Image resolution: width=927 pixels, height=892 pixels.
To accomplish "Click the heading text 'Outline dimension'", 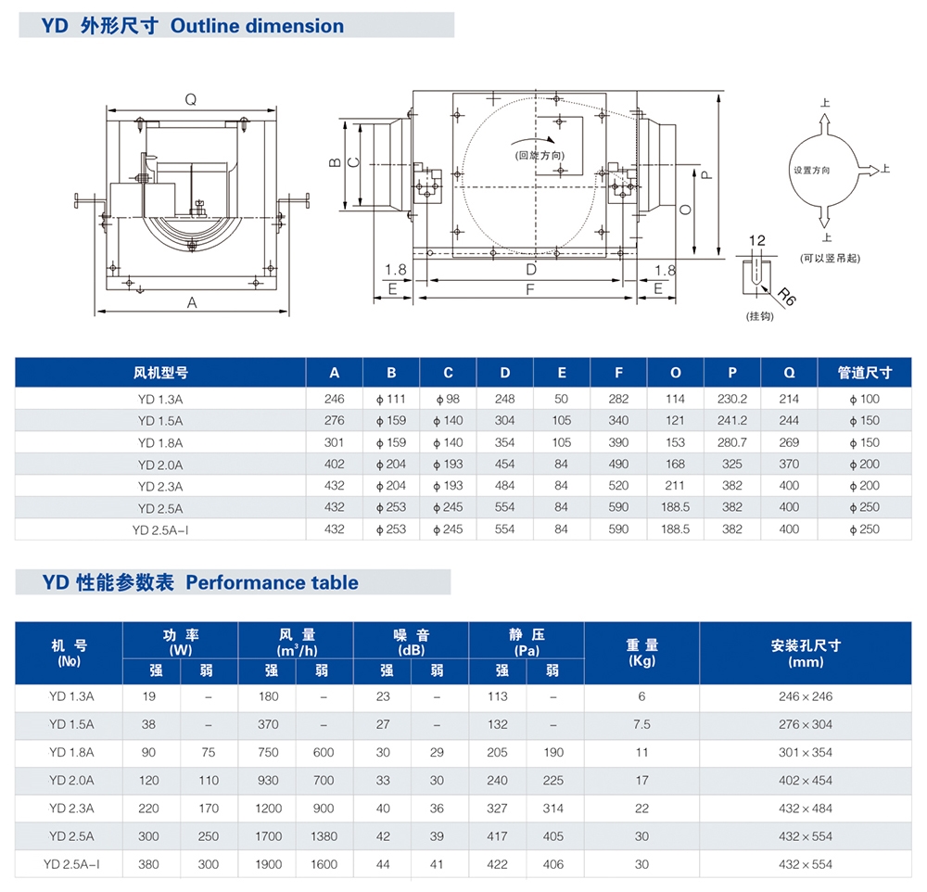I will [257, 26].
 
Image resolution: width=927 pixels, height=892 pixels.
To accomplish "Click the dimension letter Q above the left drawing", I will [190, 99].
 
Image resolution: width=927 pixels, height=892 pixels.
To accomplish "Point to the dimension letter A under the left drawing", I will [192, 301].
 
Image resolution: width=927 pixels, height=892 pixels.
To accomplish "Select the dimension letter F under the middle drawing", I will [529, 289].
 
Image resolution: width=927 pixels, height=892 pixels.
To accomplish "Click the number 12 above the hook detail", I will [757, 241].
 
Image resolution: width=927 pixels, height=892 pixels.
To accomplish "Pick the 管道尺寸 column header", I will [870, 373].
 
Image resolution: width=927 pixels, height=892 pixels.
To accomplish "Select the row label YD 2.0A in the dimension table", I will [160, 465].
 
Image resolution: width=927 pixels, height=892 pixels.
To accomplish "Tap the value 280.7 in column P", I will [731, 442].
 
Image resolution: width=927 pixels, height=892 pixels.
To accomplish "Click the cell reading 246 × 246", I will [806, 696].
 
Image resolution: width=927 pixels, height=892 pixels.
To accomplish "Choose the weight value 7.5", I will [641, 724].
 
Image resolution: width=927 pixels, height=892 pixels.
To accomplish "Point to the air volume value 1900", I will [268, 864].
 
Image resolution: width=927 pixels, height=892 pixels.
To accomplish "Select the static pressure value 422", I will [498, 864].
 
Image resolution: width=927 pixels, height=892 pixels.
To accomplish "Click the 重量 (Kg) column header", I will [641, 653].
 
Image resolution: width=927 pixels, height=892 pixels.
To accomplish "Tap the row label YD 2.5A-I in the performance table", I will [70, 864].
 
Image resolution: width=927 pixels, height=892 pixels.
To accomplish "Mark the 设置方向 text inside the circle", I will [811, 171].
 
